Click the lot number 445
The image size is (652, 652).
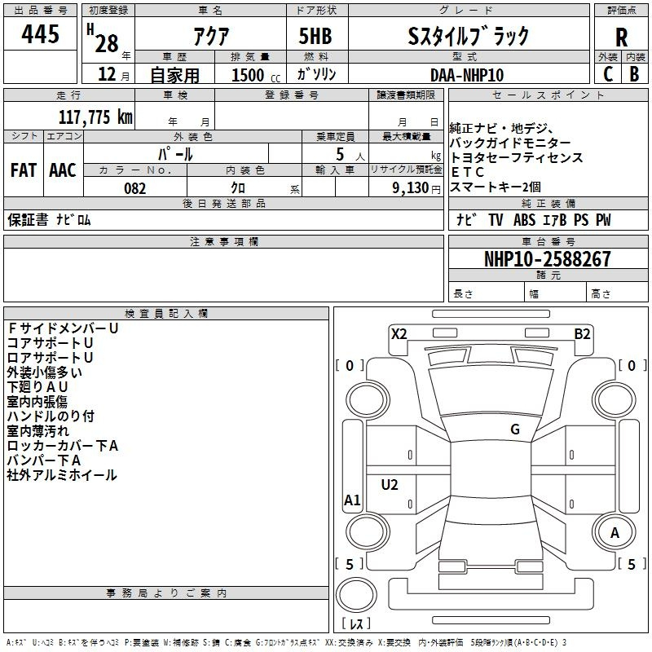40,35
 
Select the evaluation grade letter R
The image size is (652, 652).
621,37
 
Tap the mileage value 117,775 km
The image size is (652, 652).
95,117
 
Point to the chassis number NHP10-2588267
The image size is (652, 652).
547,259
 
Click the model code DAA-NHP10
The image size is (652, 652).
467,74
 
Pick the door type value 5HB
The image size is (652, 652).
315,37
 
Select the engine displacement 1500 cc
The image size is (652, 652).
249,75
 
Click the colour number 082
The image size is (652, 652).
134,188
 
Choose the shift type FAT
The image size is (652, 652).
23,170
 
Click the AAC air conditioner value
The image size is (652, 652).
63,170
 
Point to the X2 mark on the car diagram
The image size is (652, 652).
399,333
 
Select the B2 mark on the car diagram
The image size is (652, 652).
582,333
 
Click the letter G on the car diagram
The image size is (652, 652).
515,430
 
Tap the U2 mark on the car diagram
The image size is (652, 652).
390,485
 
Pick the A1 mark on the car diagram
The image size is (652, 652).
352,500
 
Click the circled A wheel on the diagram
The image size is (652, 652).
615,533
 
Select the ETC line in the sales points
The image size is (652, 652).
468,172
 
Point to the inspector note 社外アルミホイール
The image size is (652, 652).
62,475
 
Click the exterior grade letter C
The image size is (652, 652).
607,74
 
